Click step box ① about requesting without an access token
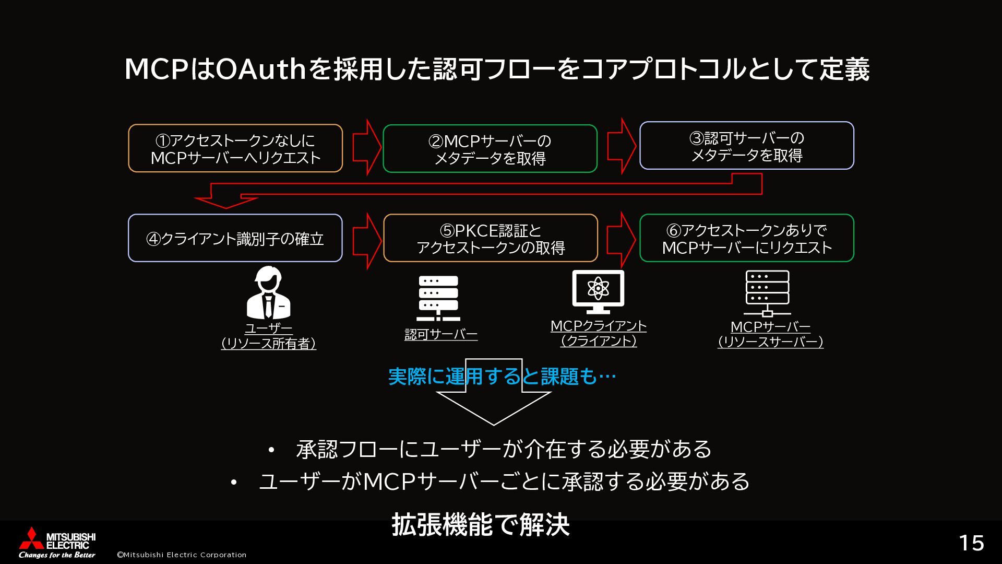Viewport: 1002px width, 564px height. (x=235, y=148)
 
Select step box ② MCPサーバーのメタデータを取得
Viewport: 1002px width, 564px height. (x=490, y=149)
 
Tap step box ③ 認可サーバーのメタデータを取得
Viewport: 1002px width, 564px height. (x=747, y=146)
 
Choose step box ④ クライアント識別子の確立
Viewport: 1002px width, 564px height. (x=235, y=238)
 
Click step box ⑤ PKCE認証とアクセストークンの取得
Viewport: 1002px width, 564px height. (x=491, y=238)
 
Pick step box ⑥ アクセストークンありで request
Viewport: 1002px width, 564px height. (x=747, y=238)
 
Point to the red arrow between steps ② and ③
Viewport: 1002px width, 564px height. (x=621, y=146)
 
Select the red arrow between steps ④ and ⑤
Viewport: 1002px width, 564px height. (x=366, y=241)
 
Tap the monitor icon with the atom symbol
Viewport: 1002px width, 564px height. (x=598, y=291)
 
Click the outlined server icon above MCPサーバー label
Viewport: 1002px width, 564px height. (x=767, y=294)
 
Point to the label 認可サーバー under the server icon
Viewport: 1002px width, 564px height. (x=441, y=334)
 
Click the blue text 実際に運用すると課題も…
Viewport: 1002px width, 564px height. (x=502, y=377)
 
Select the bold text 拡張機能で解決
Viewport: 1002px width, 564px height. (x=481, y=525)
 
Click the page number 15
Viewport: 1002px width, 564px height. (x=971, y=543)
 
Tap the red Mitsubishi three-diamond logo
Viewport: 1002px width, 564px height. (x=30, y=538)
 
